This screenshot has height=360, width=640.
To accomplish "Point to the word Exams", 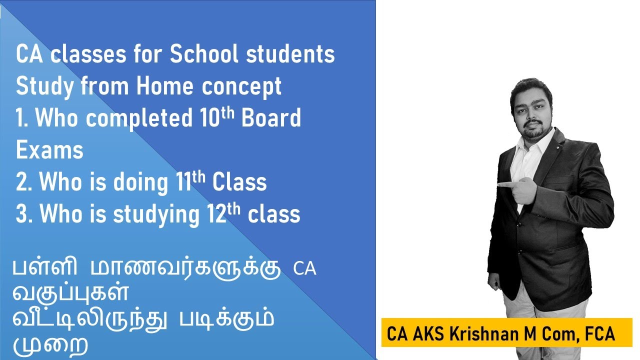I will (49, 150).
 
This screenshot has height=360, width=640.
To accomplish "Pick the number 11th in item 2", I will (190, 182).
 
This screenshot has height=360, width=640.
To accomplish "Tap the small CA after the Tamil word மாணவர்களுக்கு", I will (304, 269).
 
